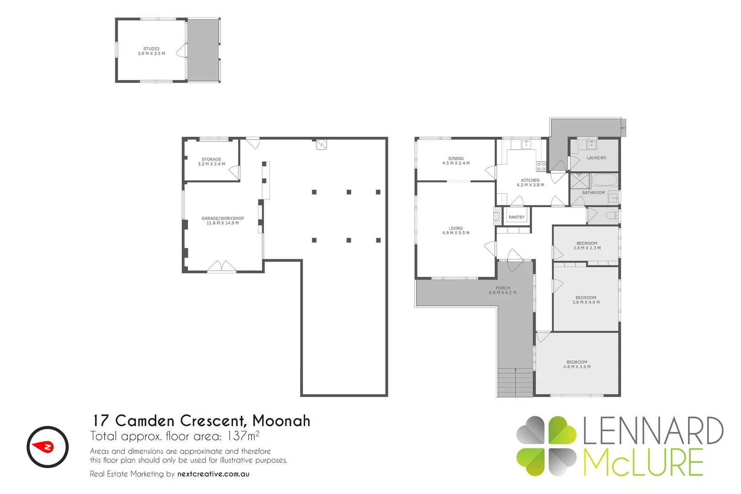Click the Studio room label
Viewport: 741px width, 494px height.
coord(151,49)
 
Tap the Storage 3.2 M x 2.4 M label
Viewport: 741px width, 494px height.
coord(211,162)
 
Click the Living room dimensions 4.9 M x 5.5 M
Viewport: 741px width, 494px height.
coord(456,233)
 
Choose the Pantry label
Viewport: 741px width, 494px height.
coord(517,217)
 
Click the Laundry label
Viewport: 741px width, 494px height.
coord(596,158)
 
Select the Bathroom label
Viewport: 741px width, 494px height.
coord(593,193)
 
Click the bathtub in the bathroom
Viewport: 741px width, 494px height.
coord(605,179)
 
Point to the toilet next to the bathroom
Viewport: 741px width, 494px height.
coord(612,215)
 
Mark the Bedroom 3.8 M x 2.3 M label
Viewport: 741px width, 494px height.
coord(587,246)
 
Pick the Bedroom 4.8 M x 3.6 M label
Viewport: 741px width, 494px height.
coord(577,365)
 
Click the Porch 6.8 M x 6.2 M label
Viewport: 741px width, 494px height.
coord(503,290)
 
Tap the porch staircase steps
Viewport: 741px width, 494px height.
coord(515,383)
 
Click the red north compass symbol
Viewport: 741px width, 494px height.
coord(47,447)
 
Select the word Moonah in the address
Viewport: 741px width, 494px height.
coord(281,421)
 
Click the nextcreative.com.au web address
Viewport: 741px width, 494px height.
coord(213,474)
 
